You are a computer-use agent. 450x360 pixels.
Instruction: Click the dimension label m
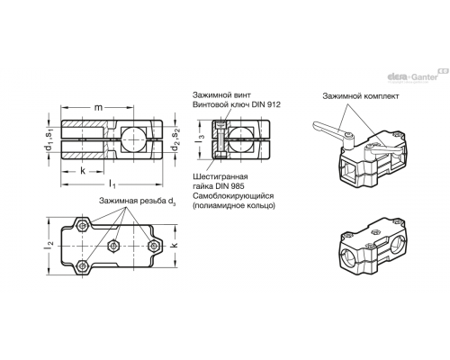tap(98, 107)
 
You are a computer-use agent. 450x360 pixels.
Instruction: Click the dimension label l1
tap(112, 184)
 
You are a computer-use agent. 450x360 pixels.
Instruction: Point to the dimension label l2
tap(50, 245)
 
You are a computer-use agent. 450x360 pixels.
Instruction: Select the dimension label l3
tap(202, 139)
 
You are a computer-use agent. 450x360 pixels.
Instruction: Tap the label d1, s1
tap(49, 139)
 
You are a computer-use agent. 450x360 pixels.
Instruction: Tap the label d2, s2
tap(175, 139)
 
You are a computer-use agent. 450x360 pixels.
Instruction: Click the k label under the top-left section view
tap(83, 171)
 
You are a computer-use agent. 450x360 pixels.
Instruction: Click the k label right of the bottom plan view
tap(175, 245)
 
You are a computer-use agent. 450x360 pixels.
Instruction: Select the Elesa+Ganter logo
tap(418, 76)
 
